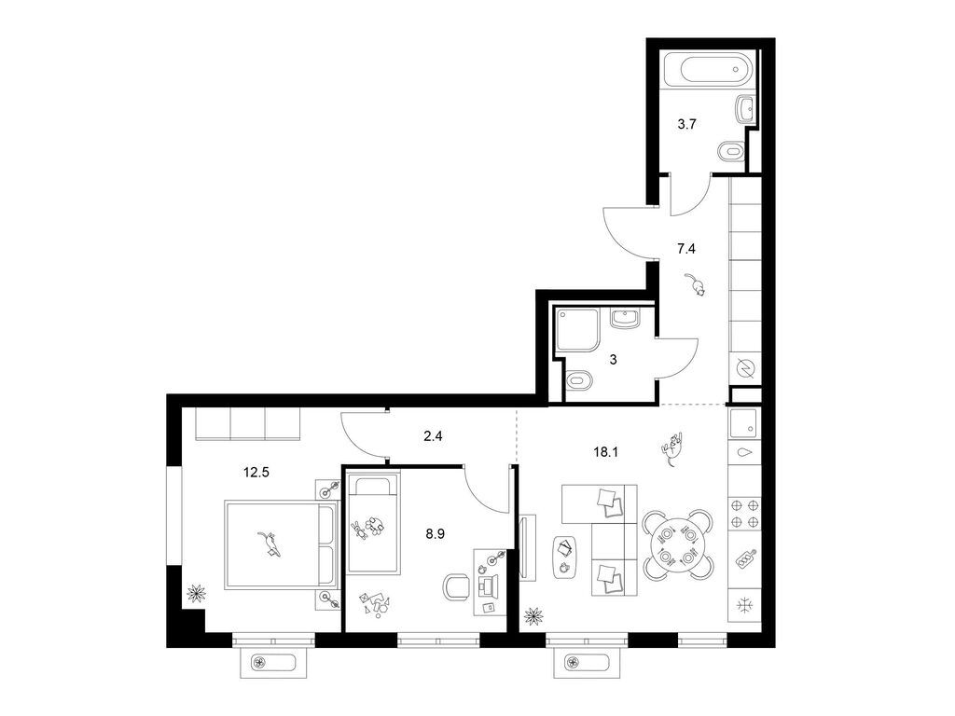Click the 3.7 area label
(687, 124)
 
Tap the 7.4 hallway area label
(686, 248)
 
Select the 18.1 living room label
(606, 452)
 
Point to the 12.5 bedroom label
(256, 472)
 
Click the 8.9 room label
(435, 534)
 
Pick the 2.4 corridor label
(433, 436)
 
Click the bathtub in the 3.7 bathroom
(708, 70)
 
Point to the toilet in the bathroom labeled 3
(579, 381)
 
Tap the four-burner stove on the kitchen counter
(744, 513)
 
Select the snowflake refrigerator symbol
(744, 605)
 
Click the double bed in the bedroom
(282, 544)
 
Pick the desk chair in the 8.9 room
(458, 587)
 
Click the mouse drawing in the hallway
(695, 284)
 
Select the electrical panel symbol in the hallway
(745, 367)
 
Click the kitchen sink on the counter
(743, 422)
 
